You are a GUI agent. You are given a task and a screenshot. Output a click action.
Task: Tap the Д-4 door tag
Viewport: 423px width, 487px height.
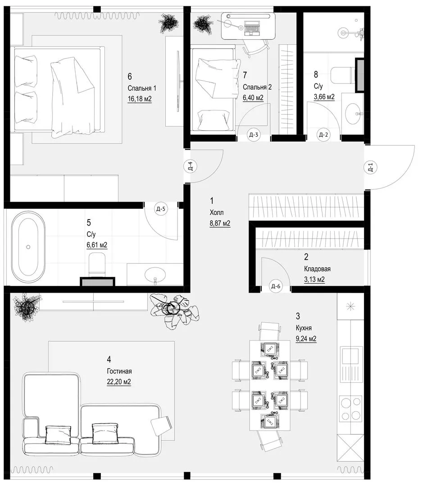[x=190, y=166]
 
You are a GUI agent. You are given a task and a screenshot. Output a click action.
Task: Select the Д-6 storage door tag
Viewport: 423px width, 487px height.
[x=276, y=286]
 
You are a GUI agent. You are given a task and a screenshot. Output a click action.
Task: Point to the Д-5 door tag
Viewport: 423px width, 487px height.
[x=160, y=209]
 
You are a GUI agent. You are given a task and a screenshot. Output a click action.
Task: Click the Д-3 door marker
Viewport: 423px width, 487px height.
[x=254, y=135]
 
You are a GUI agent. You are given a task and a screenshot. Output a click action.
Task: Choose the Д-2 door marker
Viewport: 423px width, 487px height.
[x=323, y=135]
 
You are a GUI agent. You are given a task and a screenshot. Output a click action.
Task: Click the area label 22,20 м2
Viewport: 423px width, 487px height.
[x=119, y=382]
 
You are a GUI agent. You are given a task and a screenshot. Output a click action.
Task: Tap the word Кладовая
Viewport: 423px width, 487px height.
[x=317, y=269]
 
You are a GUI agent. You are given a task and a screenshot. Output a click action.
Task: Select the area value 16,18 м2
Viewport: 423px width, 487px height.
[x=140, y=99]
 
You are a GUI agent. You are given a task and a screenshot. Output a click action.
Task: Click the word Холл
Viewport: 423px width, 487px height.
[x=217, y=213]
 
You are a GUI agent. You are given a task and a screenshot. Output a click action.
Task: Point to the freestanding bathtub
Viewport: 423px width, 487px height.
[x=28, y=247]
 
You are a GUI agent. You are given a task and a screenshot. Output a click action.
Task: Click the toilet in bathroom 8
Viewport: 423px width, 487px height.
[x=342, y=75]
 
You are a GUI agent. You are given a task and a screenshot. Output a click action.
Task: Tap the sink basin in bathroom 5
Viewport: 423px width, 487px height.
[x=155, y=274]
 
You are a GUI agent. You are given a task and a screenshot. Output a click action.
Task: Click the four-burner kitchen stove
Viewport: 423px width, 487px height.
[x=350, y=409]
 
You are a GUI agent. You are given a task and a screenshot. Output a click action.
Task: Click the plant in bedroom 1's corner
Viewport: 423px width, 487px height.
[x=169, y=23]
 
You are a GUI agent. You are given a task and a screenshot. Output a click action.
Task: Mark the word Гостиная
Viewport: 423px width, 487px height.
[x=119, y=371]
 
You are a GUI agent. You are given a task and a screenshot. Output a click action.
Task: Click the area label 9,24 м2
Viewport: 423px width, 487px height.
[x=306, y=339]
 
